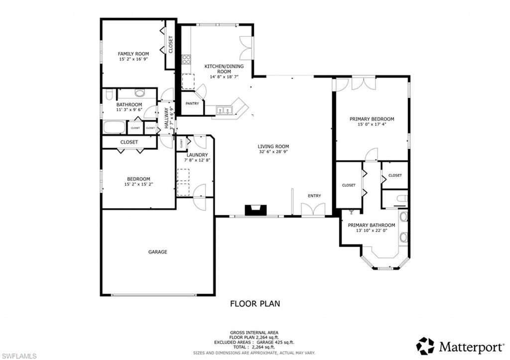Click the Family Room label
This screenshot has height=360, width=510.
pyautogui.click(x=133, y=54)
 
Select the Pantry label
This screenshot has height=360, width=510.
pyautogui.click(x=192, y=104)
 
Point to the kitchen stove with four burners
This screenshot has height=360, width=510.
pyautogui.click(x=187, y=60)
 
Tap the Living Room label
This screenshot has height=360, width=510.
pyautogui.click(x=273, y=146)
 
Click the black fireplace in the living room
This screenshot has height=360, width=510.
pyautogui.click(x=255, y=211)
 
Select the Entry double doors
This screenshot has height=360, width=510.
pyautogui.click(x=313, y=210)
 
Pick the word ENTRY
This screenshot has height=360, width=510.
pyautogui.click(x=314, y=196)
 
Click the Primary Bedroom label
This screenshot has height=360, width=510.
pyautogui.click(x=372, y=119)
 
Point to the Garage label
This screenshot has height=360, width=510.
pyautogui.click(x=157, y=252)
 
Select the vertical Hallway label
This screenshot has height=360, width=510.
pyautogui.click(x=167, y=120)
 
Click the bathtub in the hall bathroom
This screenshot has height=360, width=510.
pyautogui.click(x=114, y=127)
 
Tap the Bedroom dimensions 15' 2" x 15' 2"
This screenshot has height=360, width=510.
pyautogui.click(x=138, y=184)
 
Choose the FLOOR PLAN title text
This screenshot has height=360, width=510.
pyautogui.click(x=255, y=303)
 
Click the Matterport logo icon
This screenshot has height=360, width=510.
pyautogui.click(x=425, y=346)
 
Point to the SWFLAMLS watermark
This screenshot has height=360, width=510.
pyautogui.click(x=19, y=355)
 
